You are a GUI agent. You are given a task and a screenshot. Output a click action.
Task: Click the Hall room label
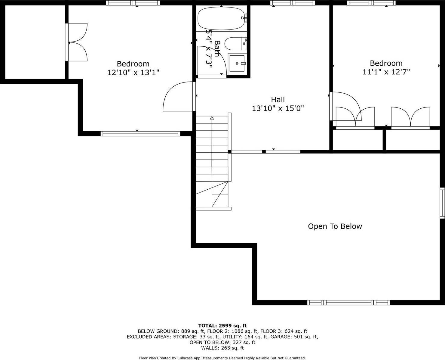[x=278, y=99]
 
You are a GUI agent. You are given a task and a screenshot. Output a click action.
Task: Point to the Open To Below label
[x=335, y=226]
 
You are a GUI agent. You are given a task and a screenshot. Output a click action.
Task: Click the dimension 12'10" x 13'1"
[x=133, y=73]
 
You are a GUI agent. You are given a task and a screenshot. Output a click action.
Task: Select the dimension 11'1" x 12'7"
[x=386, y=72]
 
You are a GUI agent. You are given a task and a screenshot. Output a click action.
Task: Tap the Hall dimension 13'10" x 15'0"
[x=278, y=108]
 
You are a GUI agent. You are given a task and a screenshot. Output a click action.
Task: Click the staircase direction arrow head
[x=212, y=118]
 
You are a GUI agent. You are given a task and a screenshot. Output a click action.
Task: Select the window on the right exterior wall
[x=442, y=203]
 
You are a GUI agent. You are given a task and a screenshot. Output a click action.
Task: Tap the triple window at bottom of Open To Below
[x=348, y=303]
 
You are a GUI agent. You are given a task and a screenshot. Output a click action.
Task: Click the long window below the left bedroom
[x=140, y=134]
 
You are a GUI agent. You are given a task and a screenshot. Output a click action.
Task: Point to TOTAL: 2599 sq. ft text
[x=222, y=326]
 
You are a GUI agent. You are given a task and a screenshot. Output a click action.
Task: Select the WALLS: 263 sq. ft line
[x=222, y=348]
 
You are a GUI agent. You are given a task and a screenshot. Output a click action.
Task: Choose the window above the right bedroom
[x=371, y=3]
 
